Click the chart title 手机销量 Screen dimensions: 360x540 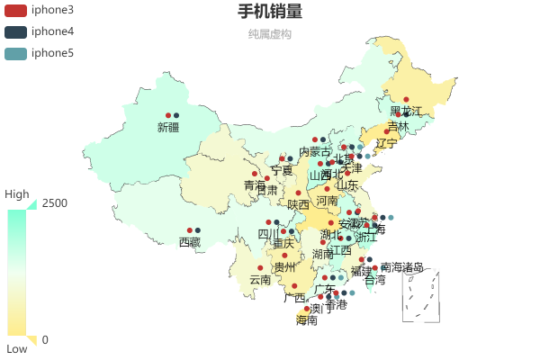pyautogui.click(x=270, y=12)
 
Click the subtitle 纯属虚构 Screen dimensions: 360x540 pyautogui.click(x=270, y=34)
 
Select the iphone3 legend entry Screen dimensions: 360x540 pyautogui.click(x=40, y=10)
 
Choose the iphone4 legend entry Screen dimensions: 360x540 pyautogui.click(x=40, y=31)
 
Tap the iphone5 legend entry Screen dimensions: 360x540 pyautogui.click(x=40, y=53)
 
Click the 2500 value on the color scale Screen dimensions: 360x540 pyautogui.click(x=55, y=203)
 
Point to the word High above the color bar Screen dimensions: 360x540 pyautogui.click(x=17, y=193)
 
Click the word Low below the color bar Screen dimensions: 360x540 pyautogui.click(x=17, y=348)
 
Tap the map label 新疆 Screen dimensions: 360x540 pyautogui.click(x=168, y=127)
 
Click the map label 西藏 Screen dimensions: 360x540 pyautogui.click(x=190, y=242)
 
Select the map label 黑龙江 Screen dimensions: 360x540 pyautogui.click(x=406, y=111)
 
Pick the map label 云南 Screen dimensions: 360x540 pyautogui.click(x=260, y=280)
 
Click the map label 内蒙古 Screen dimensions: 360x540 pyautogui.click(x=315, y=151)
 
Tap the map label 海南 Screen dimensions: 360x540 pyautogui.click(x=307, y=320)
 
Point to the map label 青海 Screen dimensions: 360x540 pyautogui.click(x=255, y=185)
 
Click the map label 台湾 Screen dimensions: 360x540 pyautogui.click(x=374, y=280)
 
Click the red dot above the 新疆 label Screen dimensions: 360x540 pyautogui.click(x=168, y=115)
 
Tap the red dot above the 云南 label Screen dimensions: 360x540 pyautogui.click(x=260, y=268)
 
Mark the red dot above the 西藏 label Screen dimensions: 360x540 pyautogui.click(x=190, y=230)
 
